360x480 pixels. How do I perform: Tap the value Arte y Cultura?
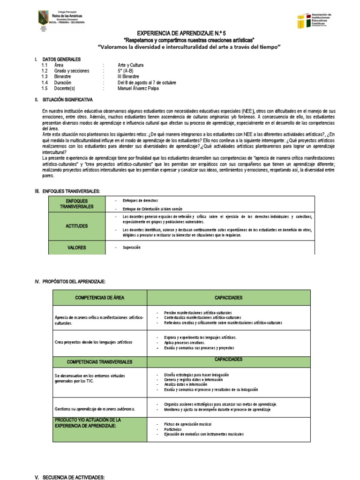tap(131, 65)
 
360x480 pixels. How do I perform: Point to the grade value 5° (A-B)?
tap(125, 71)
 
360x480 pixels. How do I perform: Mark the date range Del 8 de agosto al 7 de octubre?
tap(147, 82)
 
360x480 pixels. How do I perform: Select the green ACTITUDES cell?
tap(77, 226)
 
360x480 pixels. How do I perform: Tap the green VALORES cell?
tap(77, 247)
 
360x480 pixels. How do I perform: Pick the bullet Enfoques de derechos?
tap(141, 200)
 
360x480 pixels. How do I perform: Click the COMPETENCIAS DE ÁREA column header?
tap(99, 298)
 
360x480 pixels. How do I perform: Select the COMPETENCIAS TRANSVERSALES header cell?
tap(99, 362)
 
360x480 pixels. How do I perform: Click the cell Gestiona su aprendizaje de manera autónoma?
tap(95, 409)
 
